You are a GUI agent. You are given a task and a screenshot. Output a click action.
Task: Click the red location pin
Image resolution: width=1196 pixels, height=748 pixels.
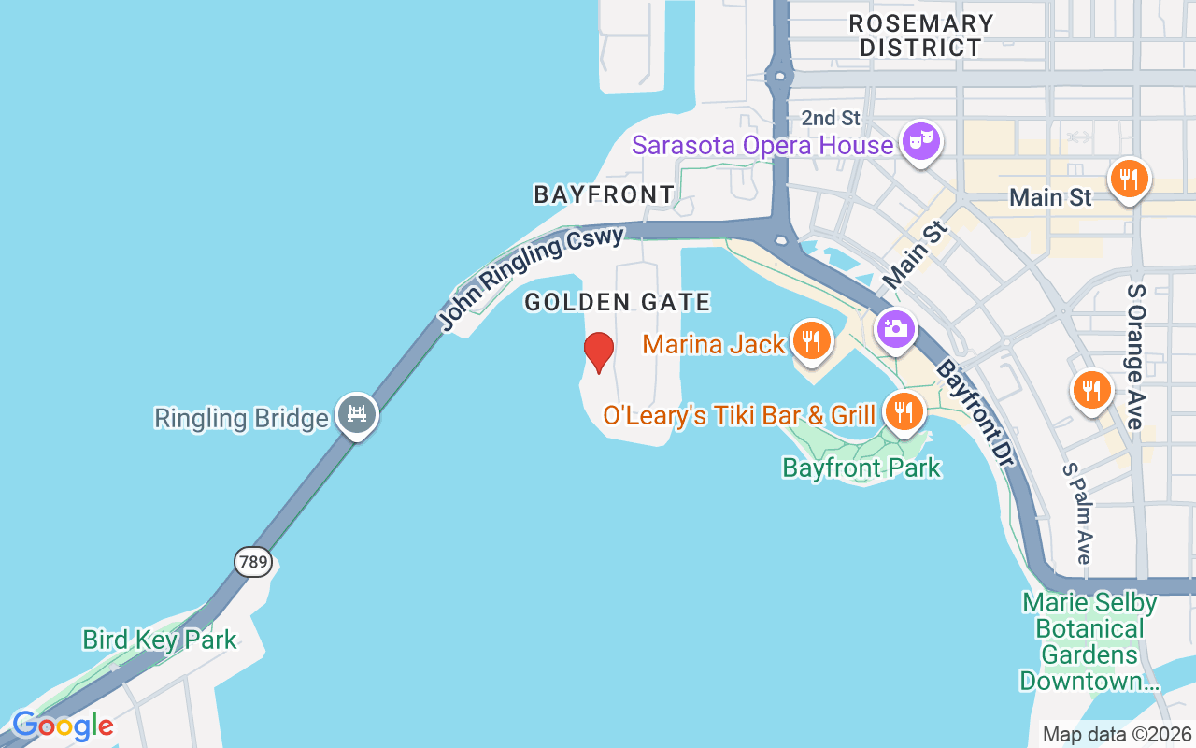pos(598,352)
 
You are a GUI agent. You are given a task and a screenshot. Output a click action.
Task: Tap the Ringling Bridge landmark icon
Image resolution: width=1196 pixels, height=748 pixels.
pos(357,414)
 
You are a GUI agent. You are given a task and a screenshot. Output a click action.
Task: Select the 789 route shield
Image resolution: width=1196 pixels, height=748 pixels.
pos(252,562)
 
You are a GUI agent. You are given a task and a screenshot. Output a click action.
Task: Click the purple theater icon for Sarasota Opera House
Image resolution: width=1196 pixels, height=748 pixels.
pos(921,142)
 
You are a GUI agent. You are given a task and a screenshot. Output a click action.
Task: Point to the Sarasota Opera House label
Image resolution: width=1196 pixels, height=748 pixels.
pos(762,146)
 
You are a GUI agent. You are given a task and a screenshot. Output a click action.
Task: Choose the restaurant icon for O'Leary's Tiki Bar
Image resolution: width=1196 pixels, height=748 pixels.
pos(903,411)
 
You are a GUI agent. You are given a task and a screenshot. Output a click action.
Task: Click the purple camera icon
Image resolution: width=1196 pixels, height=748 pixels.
pos(895,329)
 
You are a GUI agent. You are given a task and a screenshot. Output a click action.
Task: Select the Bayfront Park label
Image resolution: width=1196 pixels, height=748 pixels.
pos(861,467)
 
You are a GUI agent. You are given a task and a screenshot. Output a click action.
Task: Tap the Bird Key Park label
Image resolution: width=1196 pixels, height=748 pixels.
pos(159,640)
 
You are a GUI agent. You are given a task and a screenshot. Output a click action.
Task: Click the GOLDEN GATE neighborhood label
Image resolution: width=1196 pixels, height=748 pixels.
pos(618,302)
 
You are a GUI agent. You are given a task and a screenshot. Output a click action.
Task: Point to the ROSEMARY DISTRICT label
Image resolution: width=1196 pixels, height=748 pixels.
pos(921,36)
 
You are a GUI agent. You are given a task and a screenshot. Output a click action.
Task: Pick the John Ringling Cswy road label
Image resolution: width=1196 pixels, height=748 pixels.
pos(531,278)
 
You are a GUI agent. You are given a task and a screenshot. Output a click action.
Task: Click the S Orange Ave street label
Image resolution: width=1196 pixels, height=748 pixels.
pos(1136,355)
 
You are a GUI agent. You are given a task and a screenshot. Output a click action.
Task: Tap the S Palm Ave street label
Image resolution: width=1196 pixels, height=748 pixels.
pos(1077,513)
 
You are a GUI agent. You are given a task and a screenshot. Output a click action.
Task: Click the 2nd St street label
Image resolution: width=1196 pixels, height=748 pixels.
pos(831,118)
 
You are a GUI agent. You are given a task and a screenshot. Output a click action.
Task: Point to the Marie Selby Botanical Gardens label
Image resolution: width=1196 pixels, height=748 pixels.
pos(1089,641)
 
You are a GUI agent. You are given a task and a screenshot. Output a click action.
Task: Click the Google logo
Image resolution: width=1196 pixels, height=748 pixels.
pos(62,726)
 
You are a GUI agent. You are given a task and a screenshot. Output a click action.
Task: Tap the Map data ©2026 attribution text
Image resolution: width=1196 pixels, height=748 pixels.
pos(1117,735)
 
